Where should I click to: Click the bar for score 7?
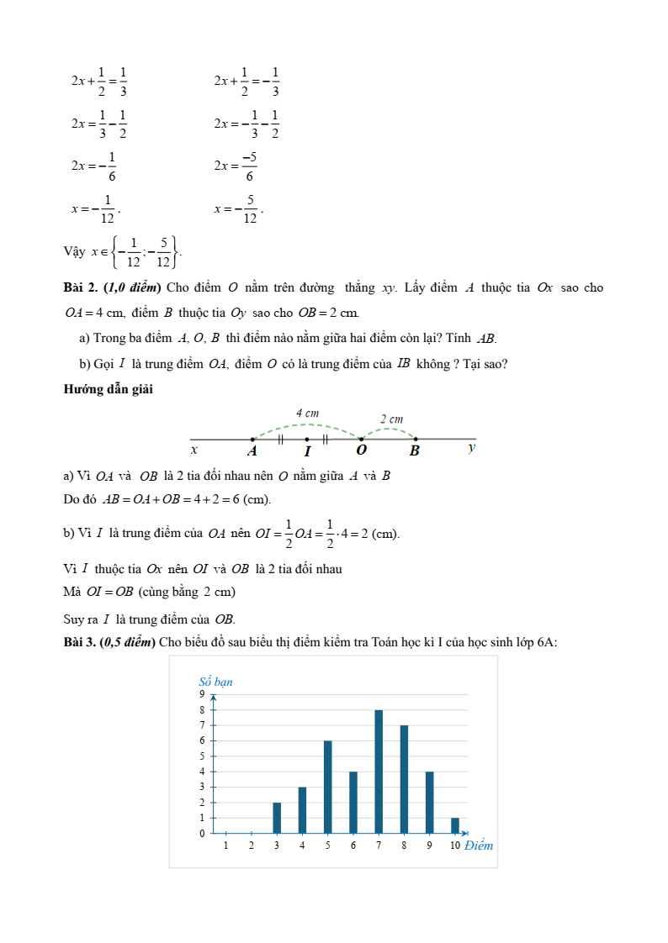click(x=379, y=772)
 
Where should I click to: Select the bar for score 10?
click(x=455, y=825)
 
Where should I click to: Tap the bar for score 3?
click(x=277, y=818)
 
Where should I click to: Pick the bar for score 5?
click(x=327, y=787)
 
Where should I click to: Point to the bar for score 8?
click(x=404, y=779)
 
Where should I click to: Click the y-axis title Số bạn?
click(x=215, y=682)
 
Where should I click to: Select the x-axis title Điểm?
click(x=479, y=846)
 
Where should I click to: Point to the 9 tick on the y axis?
click(x=202, y=694)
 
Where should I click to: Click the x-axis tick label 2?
click(x=252, y=846)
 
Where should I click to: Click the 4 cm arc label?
click(x=307, y=413)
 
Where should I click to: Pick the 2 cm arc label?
click(x=391, y=419)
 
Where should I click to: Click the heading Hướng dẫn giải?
click(x=108, y=388)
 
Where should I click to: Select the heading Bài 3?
click(x=79, y=642)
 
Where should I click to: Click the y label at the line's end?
click(x=471, y=448)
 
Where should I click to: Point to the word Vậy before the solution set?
click(x=74, y=251)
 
